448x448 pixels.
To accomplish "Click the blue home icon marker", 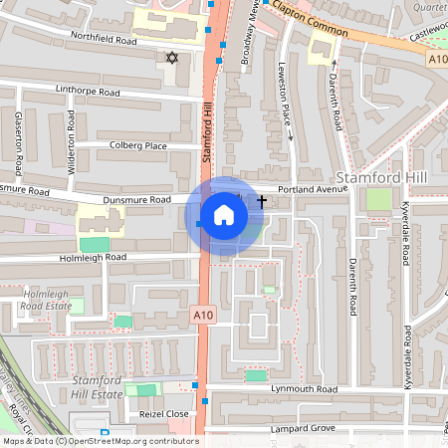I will [x=224, y=215].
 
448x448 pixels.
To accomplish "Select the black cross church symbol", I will [x=262, y=201].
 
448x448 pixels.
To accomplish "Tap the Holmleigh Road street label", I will [x=95, y=257].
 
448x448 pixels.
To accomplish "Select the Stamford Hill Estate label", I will [x=97, y=387].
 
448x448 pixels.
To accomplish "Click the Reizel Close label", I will [x=163, y=413].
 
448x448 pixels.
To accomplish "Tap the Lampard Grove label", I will [x=301, y=429].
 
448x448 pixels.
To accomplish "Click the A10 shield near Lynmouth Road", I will [x=203, y=315].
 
